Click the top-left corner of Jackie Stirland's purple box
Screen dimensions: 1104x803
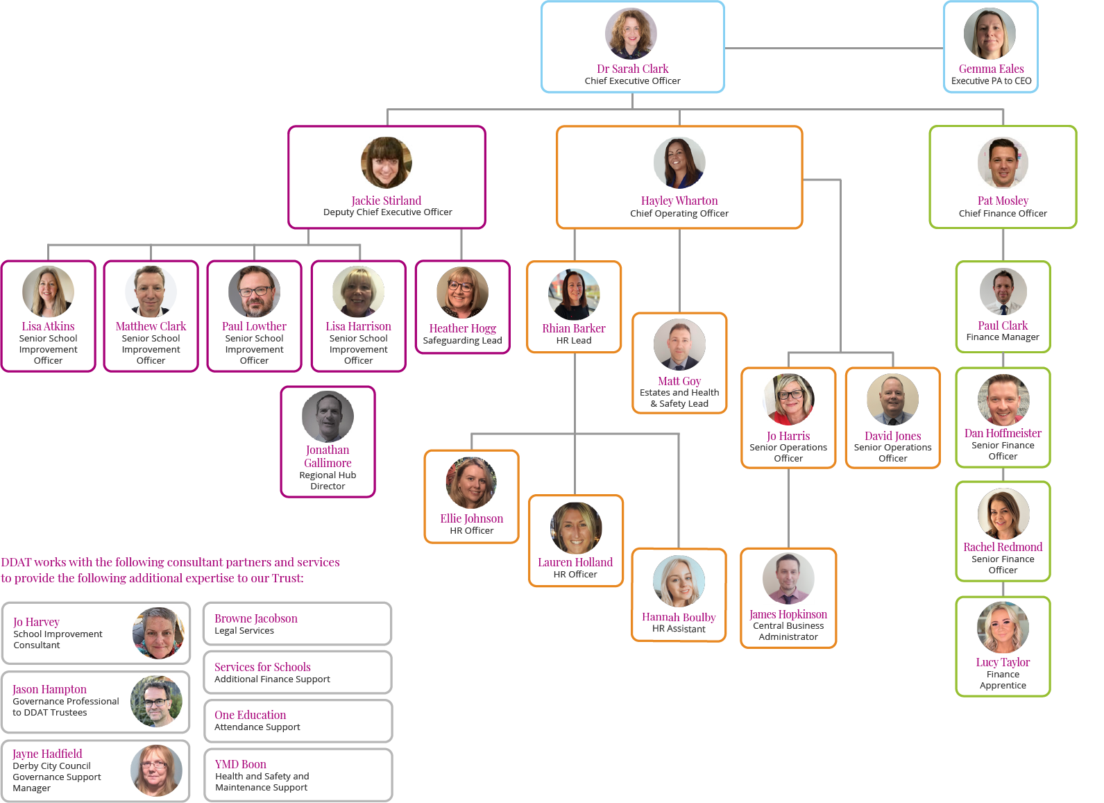(x=289, y=127)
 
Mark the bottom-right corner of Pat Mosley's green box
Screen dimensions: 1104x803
(x=1076, y=227)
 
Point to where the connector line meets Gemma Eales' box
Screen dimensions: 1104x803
(x=944, y=48)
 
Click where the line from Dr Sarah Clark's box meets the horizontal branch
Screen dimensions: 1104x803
(x=632, y=109)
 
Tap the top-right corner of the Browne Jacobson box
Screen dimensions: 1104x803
(x=391, y=603)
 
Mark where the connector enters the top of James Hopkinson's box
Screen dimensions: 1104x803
(x=788, y=549)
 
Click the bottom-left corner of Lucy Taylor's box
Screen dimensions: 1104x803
(x=957, y=695)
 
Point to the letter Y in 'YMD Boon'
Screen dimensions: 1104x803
(x=219, y=764)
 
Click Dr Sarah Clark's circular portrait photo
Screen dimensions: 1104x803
(x=631, y=33)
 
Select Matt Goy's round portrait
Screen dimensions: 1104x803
(x=679, y=344)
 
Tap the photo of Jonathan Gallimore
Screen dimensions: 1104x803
(x=328, y=416)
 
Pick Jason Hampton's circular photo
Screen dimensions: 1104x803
(x=156, y=701)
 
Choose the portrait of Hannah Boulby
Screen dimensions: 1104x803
(x=679, y=581)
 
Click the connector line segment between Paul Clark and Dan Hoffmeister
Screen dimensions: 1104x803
(x=1003, y=360)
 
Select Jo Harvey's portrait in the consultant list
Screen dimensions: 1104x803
(x=158, y=633)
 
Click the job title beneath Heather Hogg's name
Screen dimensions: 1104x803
(x=462, y=340)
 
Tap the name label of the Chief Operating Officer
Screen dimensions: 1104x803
(x=679, y=200)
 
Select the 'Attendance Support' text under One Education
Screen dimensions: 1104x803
(x=257, y=727)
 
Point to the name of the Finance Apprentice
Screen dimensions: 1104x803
(x=1003, y=662)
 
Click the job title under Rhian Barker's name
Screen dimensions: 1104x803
(x=574, y=340)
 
